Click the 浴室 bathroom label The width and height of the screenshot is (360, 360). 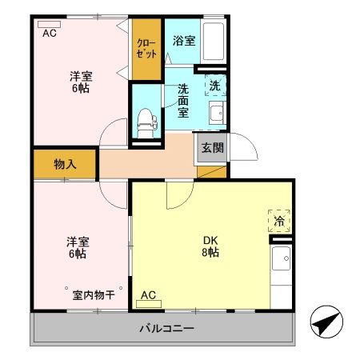click(x=184, y=39)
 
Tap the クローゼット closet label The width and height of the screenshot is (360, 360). click(x=146, y=48)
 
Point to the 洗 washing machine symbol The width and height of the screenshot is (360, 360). click(x=215, y=84)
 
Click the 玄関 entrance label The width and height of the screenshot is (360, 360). click(x=212, y=148)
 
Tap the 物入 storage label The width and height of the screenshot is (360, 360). click(x=65, y=165)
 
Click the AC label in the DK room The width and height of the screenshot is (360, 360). click(x=148, y=296)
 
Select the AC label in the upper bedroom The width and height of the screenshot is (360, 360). click(x=50, y=33)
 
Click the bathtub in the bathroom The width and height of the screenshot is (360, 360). click(x=212, y=40)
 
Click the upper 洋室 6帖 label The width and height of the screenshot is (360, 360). click(x=78, y=82)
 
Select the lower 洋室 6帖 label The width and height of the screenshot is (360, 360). click(x=77, y=247)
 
